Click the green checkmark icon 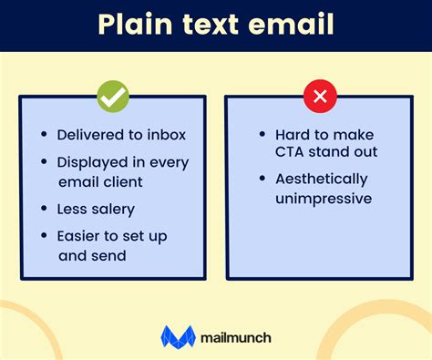pos(113,95)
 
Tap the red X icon pos(321,95)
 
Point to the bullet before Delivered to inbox pos(44,135)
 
